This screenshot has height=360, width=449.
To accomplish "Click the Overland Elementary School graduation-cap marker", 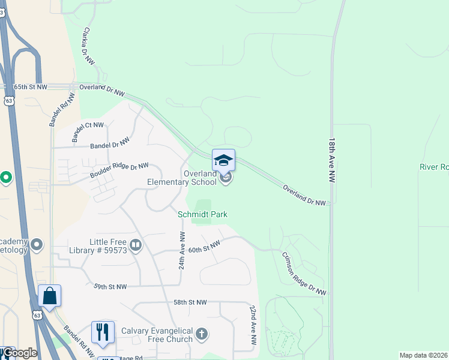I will (223, 160).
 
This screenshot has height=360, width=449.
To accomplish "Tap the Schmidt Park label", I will (202, 214).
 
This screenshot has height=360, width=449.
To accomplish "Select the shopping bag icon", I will (49, 296).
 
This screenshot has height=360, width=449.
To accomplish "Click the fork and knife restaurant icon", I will (102, 332).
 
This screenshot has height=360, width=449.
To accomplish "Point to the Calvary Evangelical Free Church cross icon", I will (202, 334).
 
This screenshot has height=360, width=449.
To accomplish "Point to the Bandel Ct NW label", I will (88, 132).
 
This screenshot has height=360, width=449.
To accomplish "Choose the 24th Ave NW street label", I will (181, 250).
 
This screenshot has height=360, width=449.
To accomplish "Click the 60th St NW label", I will (205, 246).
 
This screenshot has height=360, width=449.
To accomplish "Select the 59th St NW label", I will (110, 287).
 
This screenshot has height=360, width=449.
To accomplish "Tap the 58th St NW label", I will (190, 302).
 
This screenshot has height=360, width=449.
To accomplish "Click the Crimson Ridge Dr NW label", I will (304, 273).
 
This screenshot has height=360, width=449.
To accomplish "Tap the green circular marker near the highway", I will (6, 178).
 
